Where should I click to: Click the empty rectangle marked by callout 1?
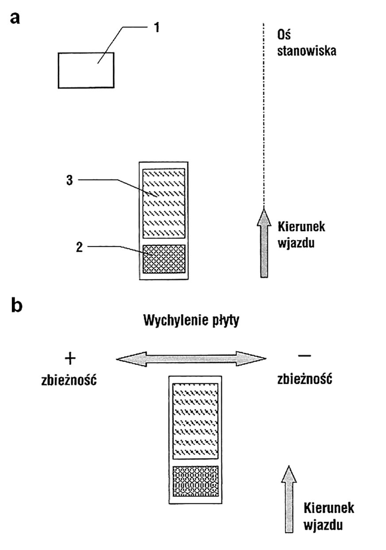point(86,70)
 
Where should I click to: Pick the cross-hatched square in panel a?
point(164,259)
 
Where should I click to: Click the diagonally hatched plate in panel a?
point(164,203)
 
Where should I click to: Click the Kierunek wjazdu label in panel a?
point(301,234)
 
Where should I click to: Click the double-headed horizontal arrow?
point(191,358)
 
